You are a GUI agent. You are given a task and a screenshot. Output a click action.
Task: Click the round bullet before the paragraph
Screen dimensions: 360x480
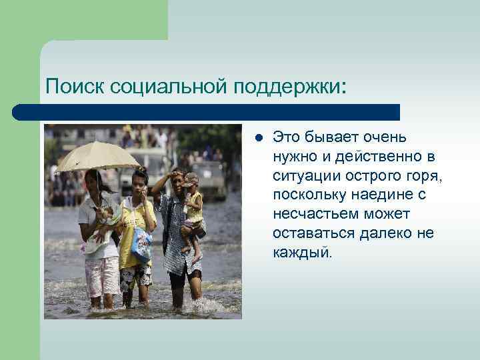coord(259,138)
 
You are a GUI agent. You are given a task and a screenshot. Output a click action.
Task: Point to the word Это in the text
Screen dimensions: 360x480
coord(287,137)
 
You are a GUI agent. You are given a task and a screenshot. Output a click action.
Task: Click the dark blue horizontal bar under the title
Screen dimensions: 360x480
coord(207,111)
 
